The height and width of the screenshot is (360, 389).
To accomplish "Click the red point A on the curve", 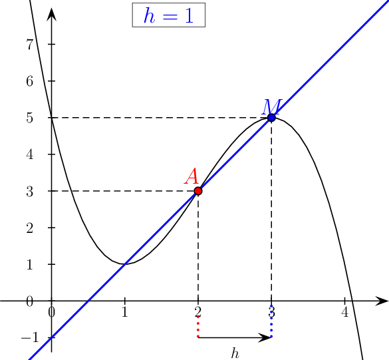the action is click(x=198, y=191).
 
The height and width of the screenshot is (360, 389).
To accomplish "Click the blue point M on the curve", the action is click(x=271, y=117).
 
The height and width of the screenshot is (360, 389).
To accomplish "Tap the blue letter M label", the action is click(x=272, y=106).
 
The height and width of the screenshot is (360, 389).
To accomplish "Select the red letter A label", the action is click(x=192, y=176).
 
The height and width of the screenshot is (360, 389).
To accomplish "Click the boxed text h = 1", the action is click(x=168, y=15).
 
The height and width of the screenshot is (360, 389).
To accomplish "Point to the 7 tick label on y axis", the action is click(x=29, y=45).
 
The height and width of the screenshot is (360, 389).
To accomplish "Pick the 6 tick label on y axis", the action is click(x=29, y=81).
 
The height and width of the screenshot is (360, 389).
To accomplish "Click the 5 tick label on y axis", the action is click(x=29, y=118).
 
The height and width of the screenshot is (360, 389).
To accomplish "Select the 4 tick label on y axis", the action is click(x=29, y=154).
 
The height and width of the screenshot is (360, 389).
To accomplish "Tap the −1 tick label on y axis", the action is click(x=30, y=337).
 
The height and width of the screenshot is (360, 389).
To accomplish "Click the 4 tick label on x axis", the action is click(x=344, y=312).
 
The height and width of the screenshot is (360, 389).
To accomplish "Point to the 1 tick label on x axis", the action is click(x=125, y=312).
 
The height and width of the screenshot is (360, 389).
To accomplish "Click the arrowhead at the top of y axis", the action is click(x=52, y=15).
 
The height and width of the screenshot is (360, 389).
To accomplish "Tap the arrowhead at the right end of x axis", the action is click(x=382, y=301).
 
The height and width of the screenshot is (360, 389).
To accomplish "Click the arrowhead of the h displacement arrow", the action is click(x=265, y=337).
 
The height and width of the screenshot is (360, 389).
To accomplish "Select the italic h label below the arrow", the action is click(x=235, y=353).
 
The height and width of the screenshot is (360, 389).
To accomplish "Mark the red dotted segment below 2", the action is click(x=198, y=327).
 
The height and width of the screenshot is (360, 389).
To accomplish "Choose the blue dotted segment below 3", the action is click(x=271, y=321).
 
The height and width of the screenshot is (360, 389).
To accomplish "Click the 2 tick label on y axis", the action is click(x=29, y=228).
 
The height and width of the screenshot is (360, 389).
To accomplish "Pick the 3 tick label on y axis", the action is click(x=29, y=191).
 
